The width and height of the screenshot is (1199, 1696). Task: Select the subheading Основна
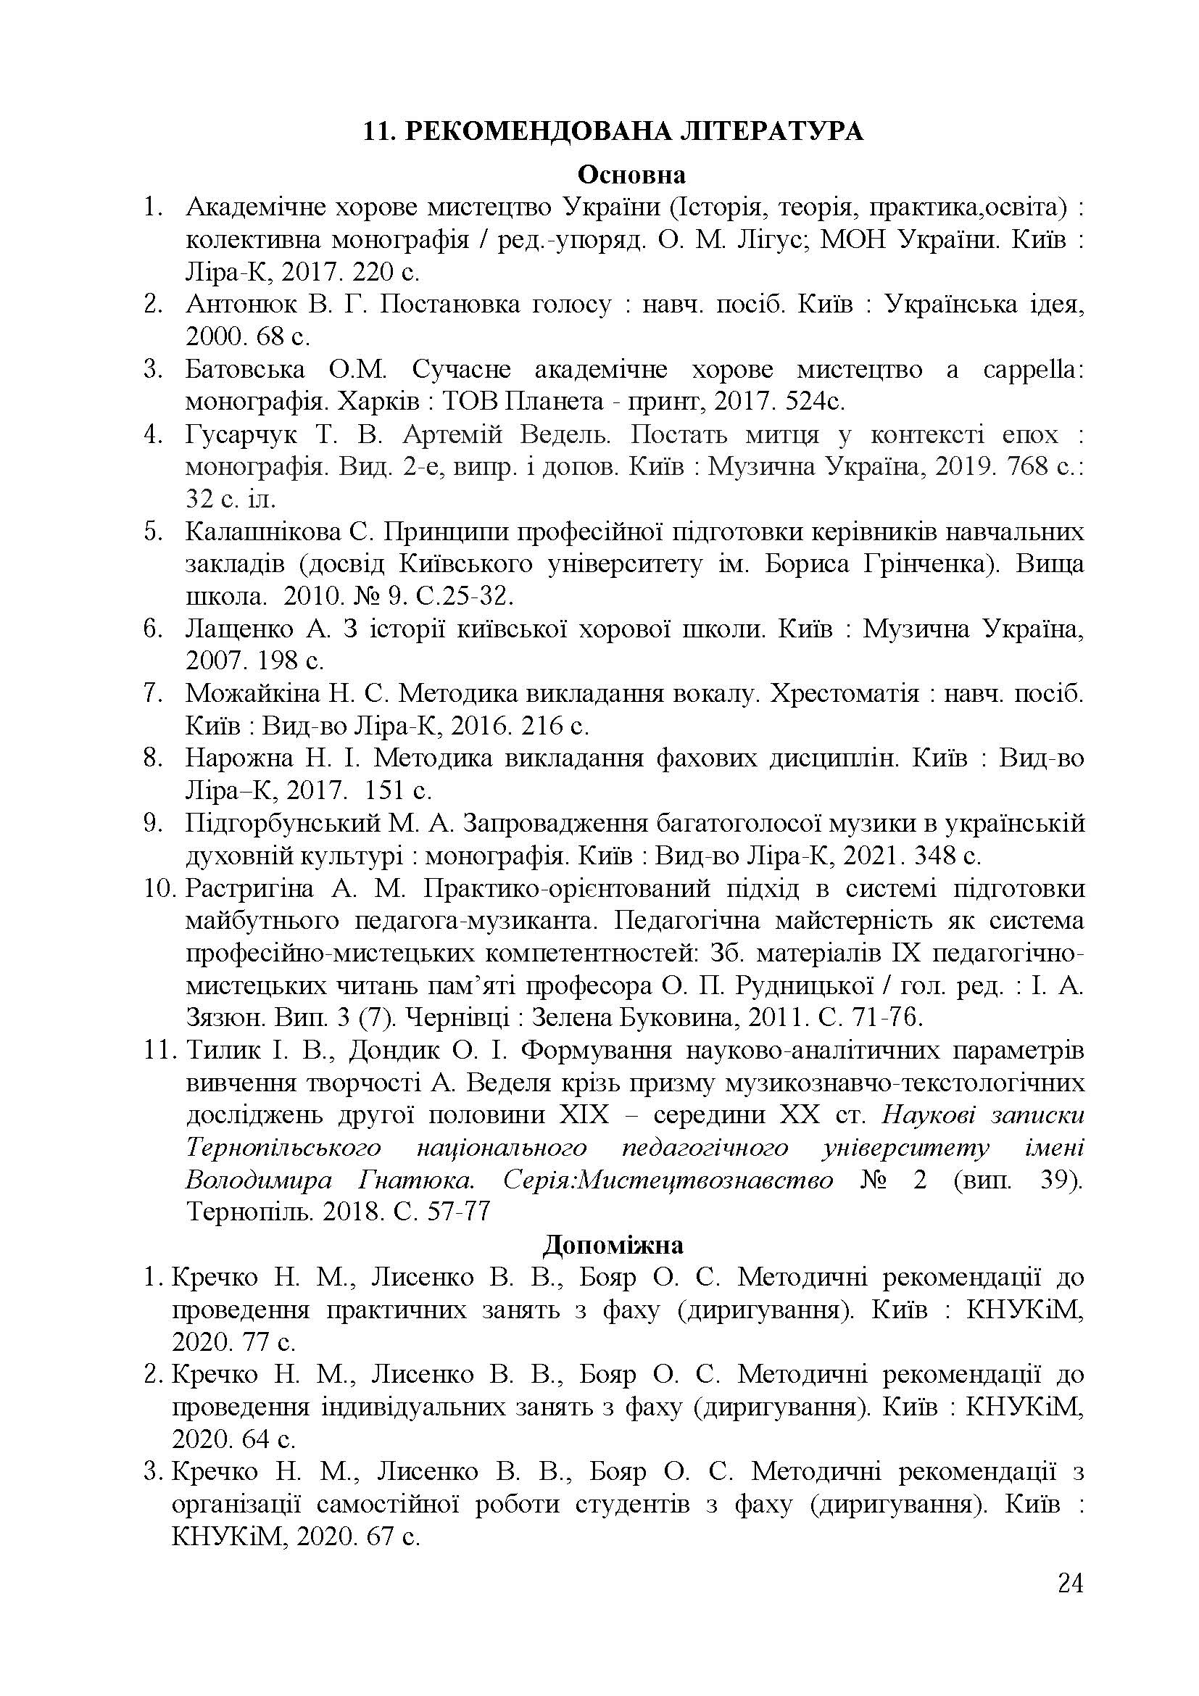631,175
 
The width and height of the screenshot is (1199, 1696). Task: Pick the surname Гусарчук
241,434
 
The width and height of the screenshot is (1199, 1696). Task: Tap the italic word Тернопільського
283,1148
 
